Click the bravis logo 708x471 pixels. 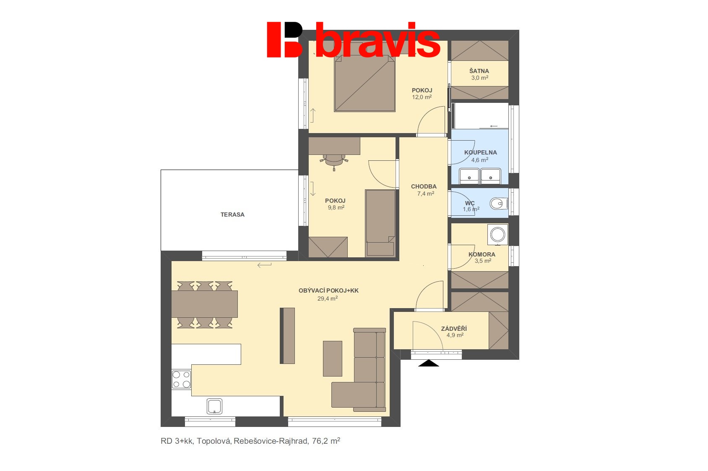353,39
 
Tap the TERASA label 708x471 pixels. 232,215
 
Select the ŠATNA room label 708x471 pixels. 479,71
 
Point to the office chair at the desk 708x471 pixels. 334,160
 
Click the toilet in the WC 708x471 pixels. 498,204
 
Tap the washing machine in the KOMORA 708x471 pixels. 497,235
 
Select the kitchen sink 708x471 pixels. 214,406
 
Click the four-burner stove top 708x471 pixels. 182,379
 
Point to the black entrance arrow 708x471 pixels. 428,363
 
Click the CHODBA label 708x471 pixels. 424,186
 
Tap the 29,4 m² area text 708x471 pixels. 328,298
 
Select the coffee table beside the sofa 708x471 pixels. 333,358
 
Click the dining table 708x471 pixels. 205,304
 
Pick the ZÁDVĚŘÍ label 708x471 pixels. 454,329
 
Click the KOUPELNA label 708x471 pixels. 480,152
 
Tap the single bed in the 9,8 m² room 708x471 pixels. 380,223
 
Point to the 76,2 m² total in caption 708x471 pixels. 326,441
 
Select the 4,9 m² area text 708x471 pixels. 455,335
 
